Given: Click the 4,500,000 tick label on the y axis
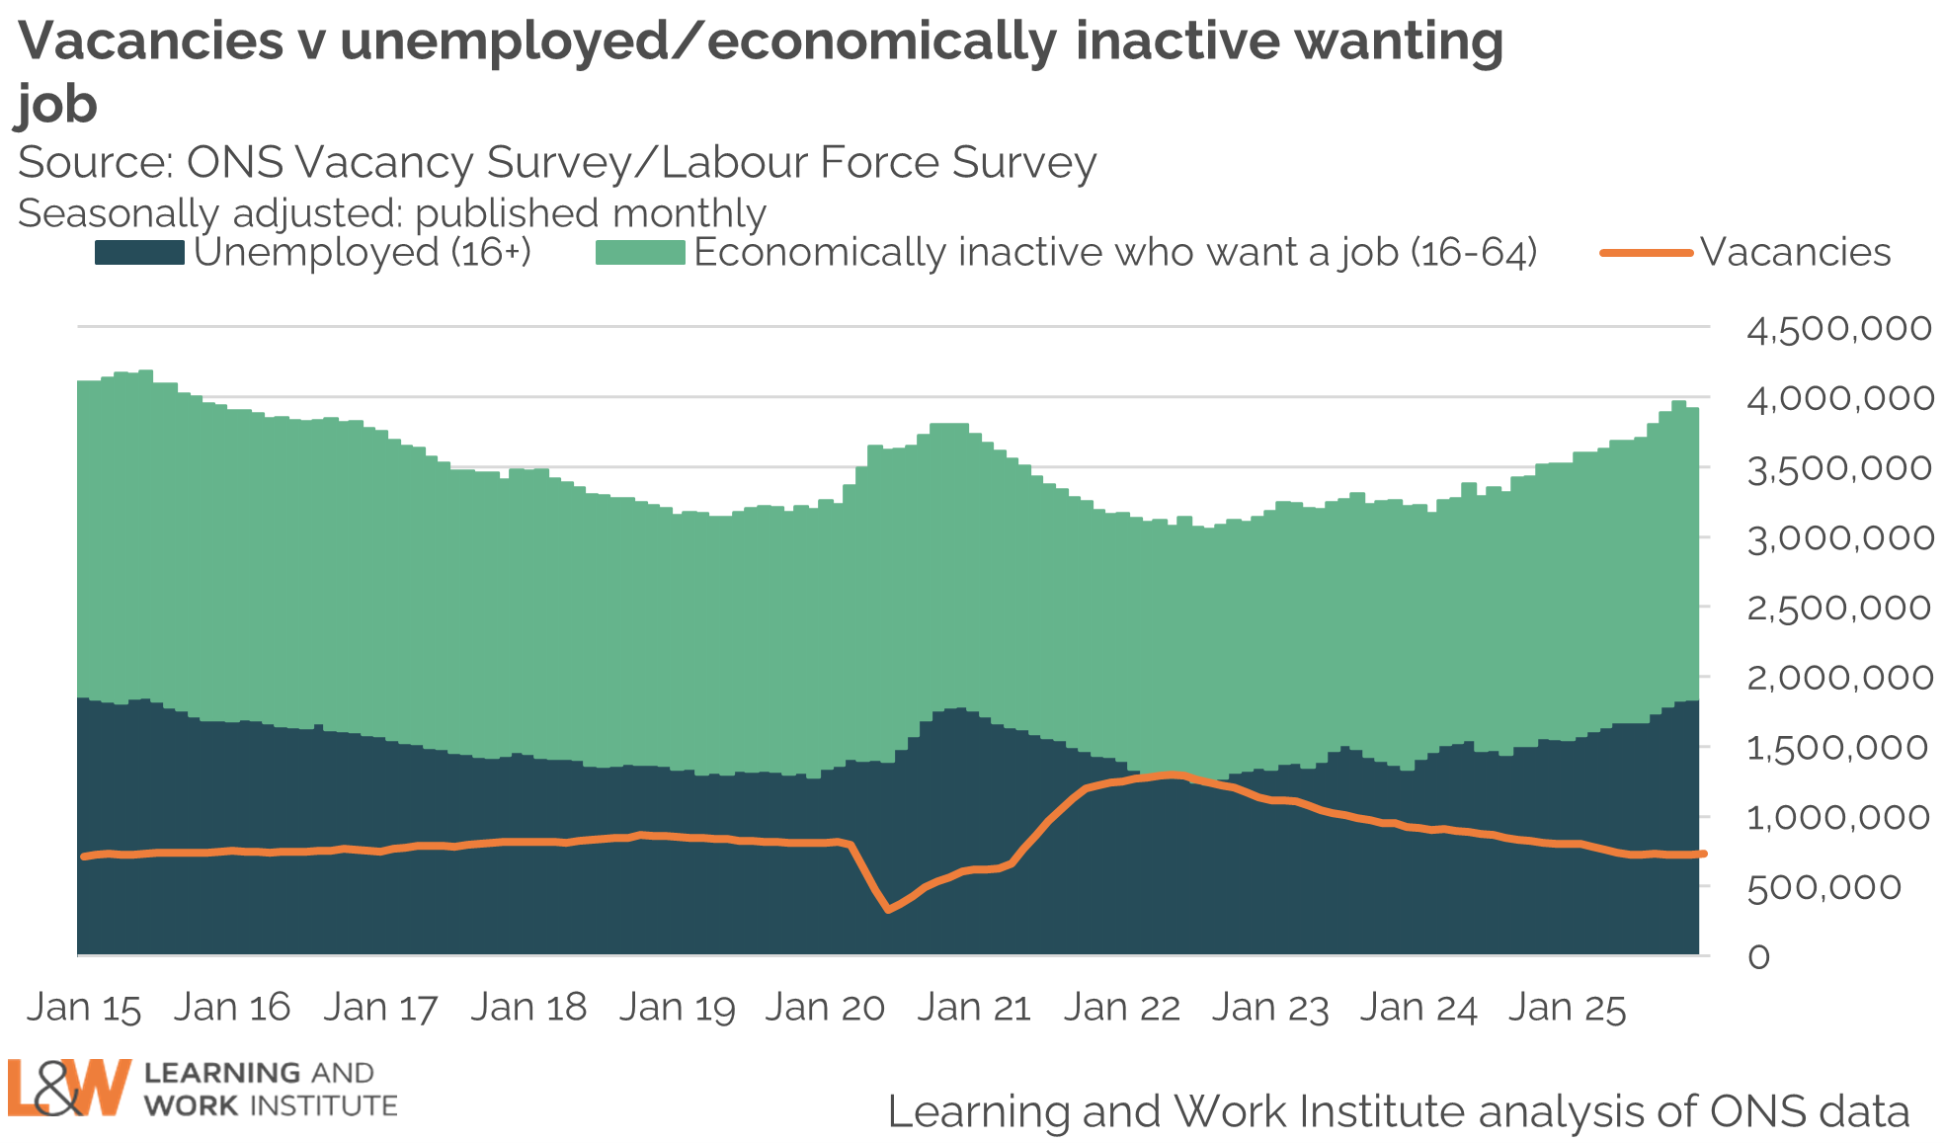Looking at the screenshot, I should pos(1838,328).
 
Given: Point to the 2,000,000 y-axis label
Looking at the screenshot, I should pos(1838,678).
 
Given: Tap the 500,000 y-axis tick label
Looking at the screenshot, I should pos(1823,887).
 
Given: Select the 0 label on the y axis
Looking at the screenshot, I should pos(1758,956).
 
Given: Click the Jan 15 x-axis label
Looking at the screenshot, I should pos(84,1008).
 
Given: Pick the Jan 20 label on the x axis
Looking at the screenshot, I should pos(825,1008).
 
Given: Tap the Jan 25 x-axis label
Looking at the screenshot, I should pos(1567,1008).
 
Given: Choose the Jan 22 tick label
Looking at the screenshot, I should pos(1122,1008).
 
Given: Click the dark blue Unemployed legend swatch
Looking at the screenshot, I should pos(139,253).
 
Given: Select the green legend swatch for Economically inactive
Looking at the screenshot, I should pos(640,253).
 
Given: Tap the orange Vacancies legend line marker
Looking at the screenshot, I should pos(1646,253).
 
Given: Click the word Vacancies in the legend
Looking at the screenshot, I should pos(1795,253).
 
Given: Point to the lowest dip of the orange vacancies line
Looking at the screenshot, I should pos(889,909).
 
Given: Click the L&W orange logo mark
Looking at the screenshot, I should pos(69,1088).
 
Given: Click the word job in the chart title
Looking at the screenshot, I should pos(57,105).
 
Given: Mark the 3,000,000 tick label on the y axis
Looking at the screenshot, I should pos(1838,538).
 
